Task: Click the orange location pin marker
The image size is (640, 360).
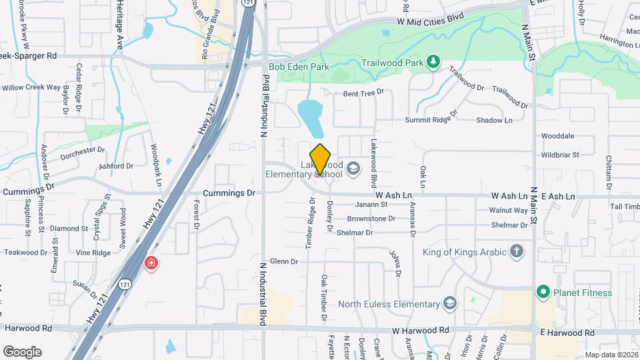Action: point(321,159)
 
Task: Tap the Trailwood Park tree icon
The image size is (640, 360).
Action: point(433,61)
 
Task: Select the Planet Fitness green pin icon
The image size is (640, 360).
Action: point(543,292)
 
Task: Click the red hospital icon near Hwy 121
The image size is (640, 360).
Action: point(151,263)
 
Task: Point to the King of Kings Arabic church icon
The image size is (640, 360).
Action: point(516,252)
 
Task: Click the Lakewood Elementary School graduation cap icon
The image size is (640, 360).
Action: point(352,169)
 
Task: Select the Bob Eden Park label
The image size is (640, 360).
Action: point(299,67)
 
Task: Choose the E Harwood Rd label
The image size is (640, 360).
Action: point(567,332)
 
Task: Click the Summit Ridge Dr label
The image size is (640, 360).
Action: point(431,120)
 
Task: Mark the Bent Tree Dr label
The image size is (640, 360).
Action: point(364,93)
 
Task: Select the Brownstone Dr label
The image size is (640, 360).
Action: point(369,219)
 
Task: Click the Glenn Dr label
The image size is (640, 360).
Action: point(284,261)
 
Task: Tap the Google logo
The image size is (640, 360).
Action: point(22,351)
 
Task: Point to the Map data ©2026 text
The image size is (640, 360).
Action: point(611,355)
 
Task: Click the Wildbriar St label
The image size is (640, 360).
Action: point(560,155)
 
